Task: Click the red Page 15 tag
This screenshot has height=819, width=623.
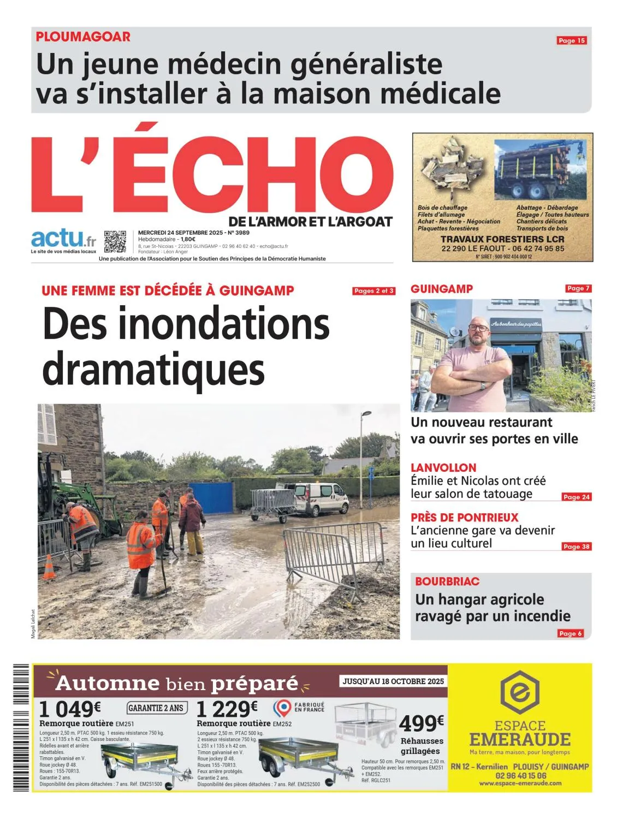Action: click(x=571, y=40)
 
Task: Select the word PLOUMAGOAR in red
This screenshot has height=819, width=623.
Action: click(x=83, y=37)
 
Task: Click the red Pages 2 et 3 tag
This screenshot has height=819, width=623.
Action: click(x=374, y=291)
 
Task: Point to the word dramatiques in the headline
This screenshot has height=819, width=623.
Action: click(x=153, y=370)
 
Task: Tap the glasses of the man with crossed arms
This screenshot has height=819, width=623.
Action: click(x=479, y=328)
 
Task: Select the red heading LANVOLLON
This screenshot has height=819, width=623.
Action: click(x=443, y=467)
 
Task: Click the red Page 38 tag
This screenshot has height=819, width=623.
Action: click(x=577, y=547)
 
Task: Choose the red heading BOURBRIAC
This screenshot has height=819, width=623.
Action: click(x=447, y=581)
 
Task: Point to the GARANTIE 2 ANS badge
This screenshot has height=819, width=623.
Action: click(x=157, y=708)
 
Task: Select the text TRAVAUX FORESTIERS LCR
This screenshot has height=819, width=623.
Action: click(x=502, y=239)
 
